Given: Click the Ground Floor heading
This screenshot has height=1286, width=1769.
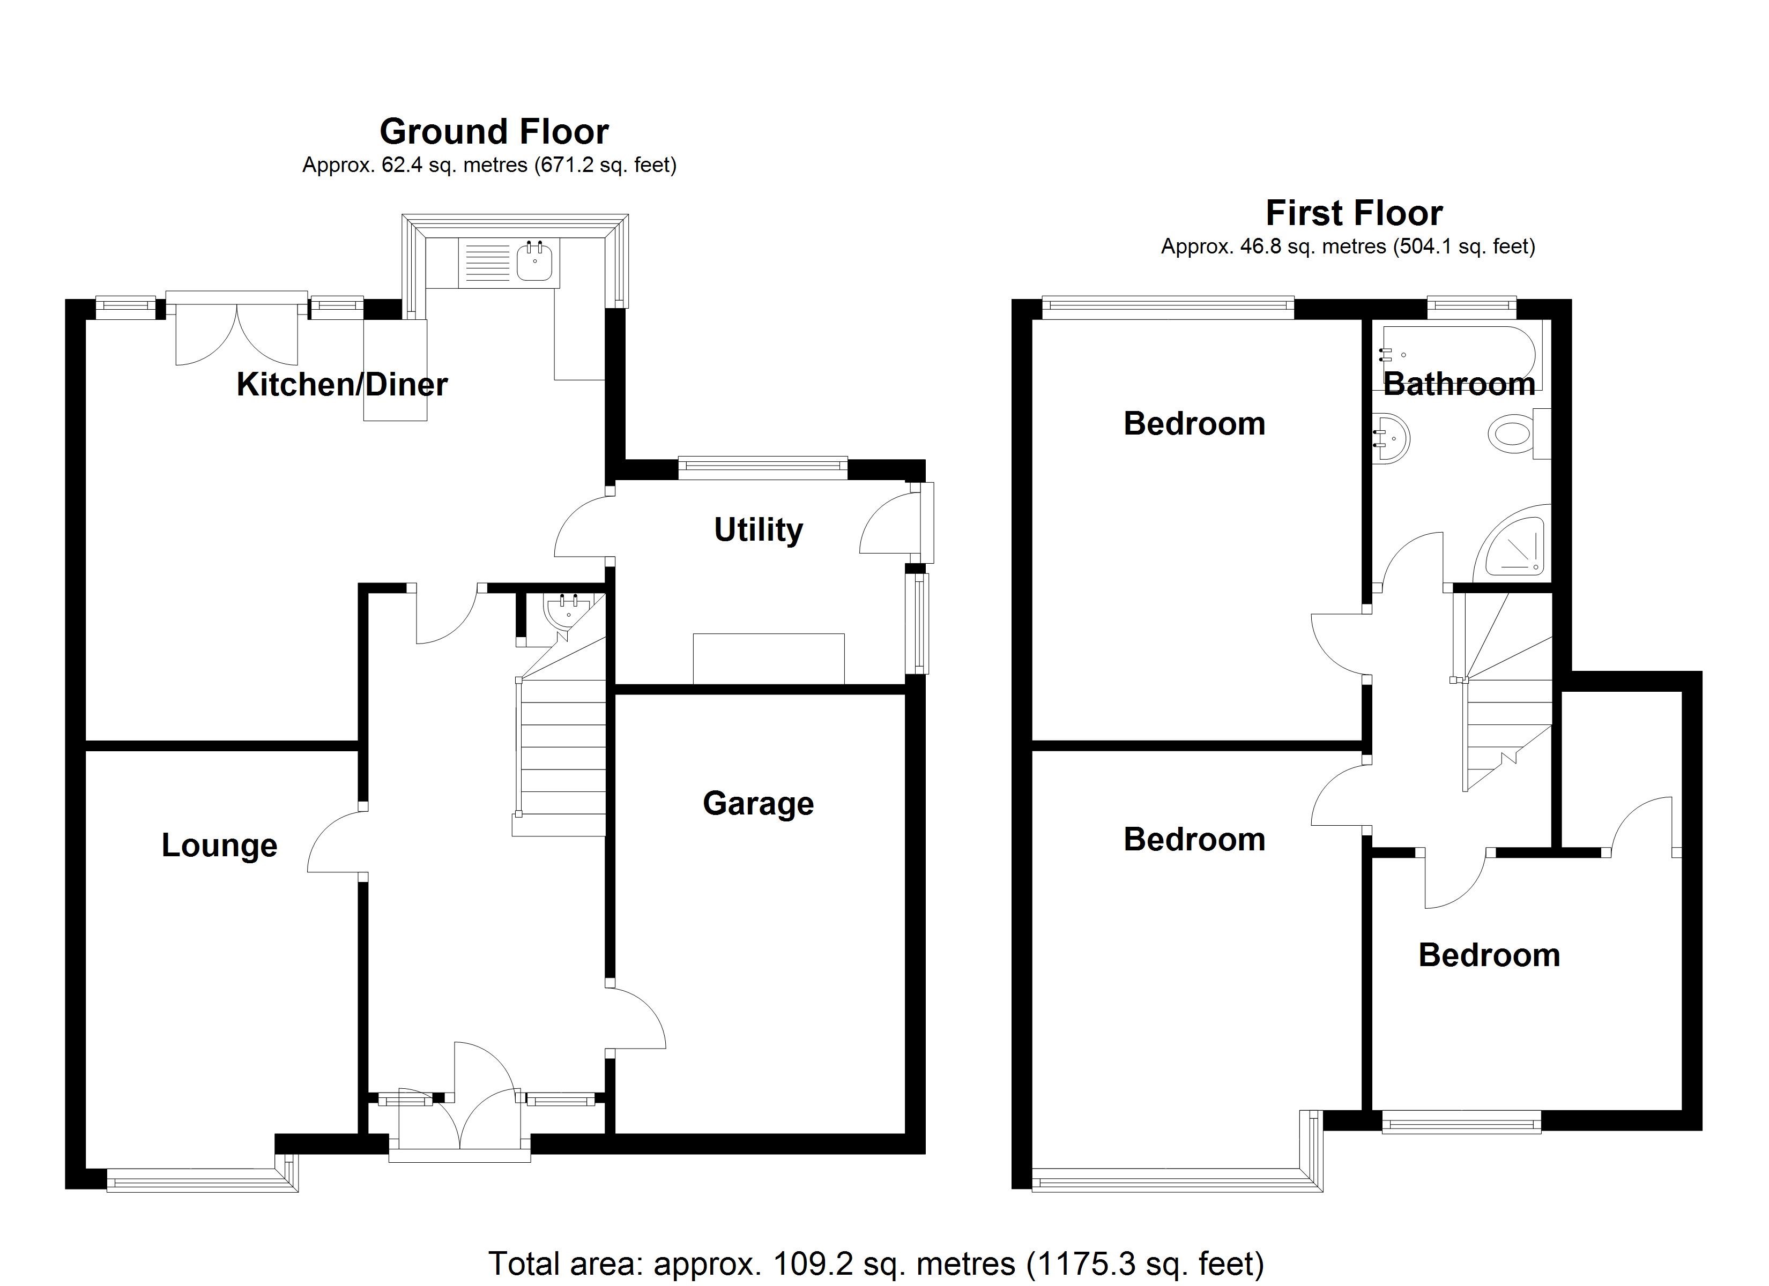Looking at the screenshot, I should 494,132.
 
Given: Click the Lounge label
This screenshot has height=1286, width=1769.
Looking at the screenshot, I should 219,846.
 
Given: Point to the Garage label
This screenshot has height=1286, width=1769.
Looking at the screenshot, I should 758,803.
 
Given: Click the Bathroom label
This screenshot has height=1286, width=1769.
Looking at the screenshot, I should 1459,385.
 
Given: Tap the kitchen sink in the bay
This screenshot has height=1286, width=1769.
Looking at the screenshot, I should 535,260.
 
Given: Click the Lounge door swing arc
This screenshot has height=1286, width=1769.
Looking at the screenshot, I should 336,842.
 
